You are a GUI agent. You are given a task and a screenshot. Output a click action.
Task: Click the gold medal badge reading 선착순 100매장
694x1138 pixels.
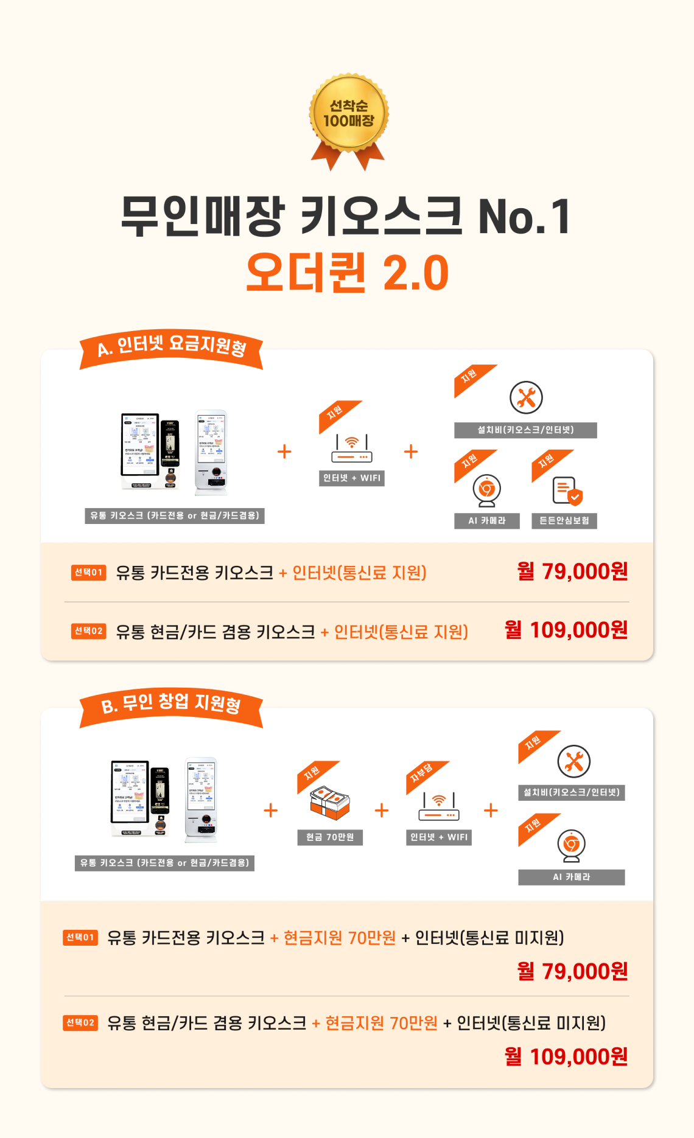pyautogui.click(x=348, y=114)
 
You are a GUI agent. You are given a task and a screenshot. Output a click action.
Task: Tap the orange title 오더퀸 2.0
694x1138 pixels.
pyautogui.click(x=347, y=272)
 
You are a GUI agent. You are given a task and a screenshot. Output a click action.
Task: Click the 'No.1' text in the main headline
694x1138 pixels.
pyautogui.click(x=524, y=217)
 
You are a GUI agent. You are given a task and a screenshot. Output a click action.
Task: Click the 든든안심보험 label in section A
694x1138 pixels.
pyautogui.click(x=564, y=521)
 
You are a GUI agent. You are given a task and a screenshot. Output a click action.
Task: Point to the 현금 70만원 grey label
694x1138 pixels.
pyautogui.click(x=329, y=837)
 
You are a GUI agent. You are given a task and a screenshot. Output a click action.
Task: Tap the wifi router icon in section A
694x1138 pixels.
pyautogui.click(x=352, y=449)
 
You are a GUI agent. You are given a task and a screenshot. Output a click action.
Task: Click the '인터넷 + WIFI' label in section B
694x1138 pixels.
pyautogui.click(x=438, y=837)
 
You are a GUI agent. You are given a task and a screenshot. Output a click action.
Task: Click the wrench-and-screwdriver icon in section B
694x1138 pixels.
pyautogui.click(x=573, y=761)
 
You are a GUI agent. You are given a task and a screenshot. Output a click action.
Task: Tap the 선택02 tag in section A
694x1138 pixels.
pyautogui.click(x=88, y=631)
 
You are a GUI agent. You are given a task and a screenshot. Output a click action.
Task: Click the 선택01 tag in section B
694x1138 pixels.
pyautogui.click(x=80, y=937)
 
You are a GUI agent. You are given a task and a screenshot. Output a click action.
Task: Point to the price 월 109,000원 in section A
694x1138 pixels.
pyautogui.click(x=566, y=630)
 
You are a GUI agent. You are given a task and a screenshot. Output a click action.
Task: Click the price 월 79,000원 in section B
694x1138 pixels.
pyautogui.click(x=572, y=971)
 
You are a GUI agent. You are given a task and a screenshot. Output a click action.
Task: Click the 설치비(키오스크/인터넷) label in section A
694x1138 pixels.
pyautogui.click(x=525, y=430)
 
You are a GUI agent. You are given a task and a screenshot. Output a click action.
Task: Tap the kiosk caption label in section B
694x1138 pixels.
pyautogui.click(x=164, y=863)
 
